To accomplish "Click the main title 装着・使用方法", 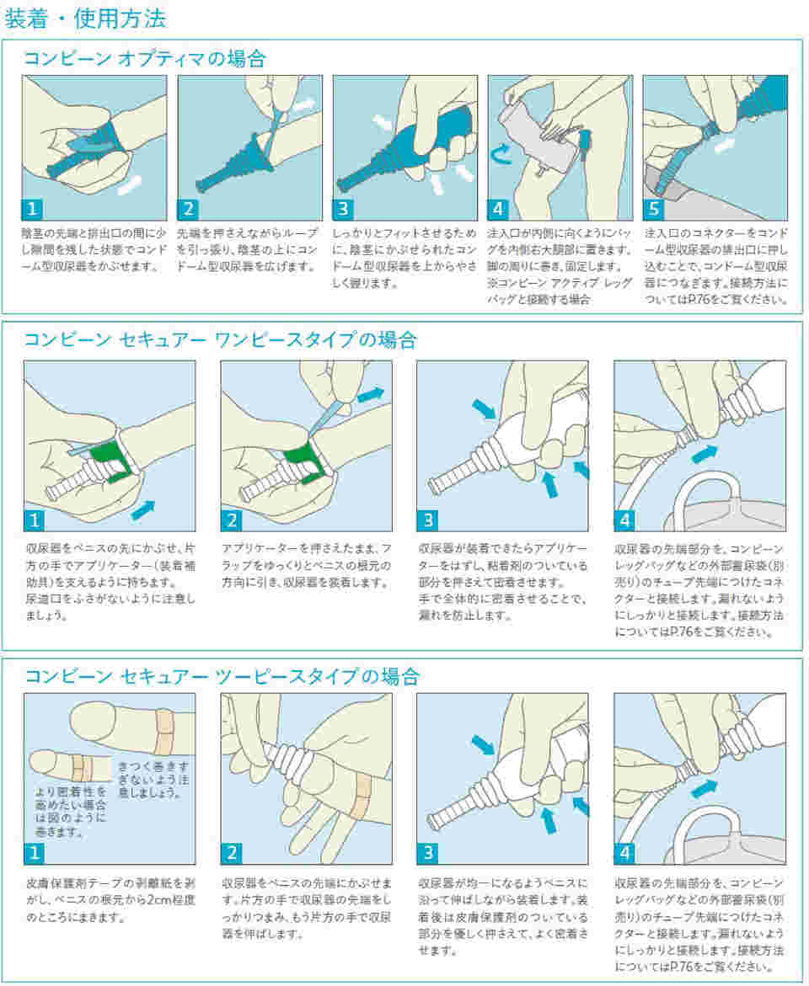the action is coord(86,18).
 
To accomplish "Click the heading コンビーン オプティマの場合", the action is coord(144,58).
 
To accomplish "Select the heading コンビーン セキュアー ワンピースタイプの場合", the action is coord(220,339).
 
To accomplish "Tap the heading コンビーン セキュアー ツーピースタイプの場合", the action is coord(222,676).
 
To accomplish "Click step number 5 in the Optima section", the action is coord(653,208).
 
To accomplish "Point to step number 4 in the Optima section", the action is coord(498,208).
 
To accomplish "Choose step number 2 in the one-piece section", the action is coord(231,520).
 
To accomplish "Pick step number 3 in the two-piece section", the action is coord(427,853).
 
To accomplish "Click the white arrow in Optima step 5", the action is coord(724,146).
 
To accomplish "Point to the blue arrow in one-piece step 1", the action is coord(142,510).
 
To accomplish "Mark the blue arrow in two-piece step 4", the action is coord(705,788).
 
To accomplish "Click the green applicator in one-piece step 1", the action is coord(105,461).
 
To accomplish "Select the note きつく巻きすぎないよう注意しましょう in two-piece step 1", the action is coord(153,780).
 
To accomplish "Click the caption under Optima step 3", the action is coord(404,258).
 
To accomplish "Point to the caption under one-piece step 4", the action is coord(699,590).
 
